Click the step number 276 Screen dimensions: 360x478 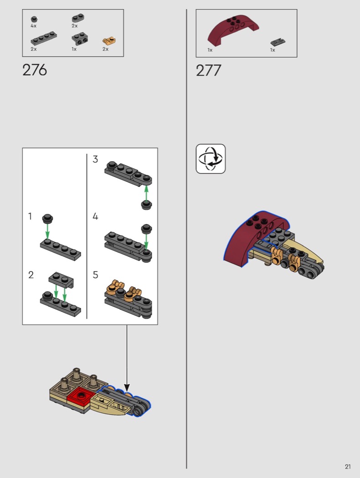[35, 70]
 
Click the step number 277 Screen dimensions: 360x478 [208, 71]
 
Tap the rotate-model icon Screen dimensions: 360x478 [211, 159]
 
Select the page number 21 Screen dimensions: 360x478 [348, 467]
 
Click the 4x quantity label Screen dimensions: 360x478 [34, 26]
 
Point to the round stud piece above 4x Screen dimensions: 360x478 [34, 20]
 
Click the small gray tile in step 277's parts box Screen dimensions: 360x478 [278, 42]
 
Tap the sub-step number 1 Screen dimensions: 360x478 [30, 216]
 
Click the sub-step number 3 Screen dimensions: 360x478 [95, 159]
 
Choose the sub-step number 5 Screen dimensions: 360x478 [95, 275]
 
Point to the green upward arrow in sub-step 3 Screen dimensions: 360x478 [146, 193]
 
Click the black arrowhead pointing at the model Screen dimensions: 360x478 [127, 387]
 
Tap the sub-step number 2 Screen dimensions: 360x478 [31, 275]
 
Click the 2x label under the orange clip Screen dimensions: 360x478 [106, 49]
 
